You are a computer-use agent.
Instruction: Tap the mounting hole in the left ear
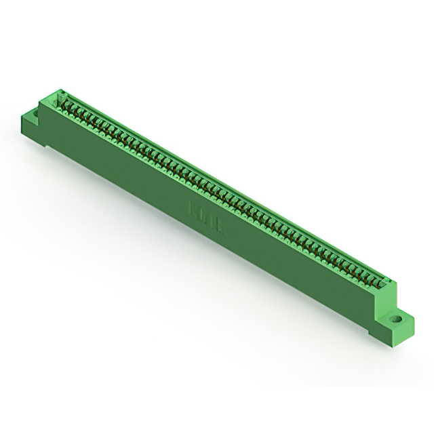click(x=35, y=108)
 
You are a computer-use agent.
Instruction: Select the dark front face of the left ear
click(x=32, y=126)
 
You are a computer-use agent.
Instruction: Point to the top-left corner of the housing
click(x=54, y=91)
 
